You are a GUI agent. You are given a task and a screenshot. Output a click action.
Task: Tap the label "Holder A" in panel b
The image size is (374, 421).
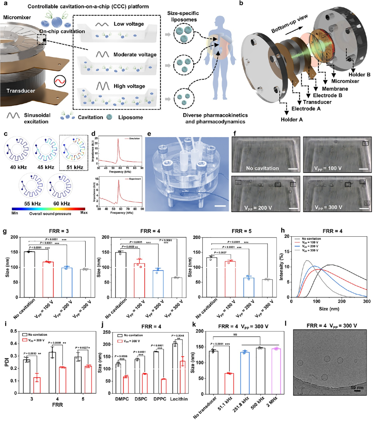292,120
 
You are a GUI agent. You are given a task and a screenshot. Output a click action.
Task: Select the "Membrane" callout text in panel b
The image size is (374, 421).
335,89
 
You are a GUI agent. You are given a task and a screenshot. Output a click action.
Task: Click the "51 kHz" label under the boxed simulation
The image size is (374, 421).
73,167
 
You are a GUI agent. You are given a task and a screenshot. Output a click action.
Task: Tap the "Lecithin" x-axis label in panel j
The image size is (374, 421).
179,399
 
